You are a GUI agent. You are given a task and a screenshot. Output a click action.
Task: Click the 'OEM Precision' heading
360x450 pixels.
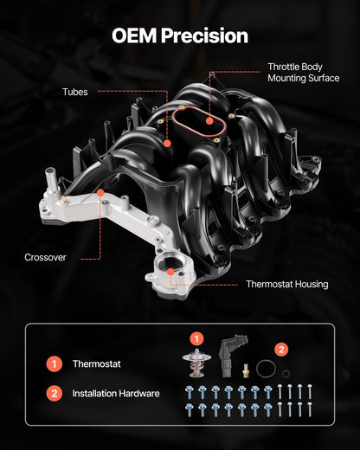(180, 35)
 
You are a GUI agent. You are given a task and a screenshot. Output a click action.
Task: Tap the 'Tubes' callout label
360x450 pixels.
(74, 91)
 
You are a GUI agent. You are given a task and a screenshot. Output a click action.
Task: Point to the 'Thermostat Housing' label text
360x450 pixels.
(286, 284)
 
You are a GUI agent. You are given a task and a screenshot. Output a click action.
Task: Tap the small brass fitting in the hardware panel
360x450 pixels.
(247, 370)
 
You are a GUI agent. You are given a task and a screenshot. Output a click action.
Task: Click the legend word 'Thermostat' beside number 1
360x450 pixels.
(97, 365)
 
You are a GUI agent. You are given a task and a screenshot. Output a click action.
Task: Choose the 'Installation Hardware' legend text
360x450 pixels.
(116, 393)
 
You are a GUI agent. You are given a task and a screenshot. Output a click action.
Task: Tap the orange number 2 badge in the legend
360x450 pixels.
(55, 393)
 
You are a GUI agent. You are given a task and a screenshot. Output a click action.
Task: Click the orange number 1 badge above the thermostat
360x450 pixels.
(197, 338)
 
